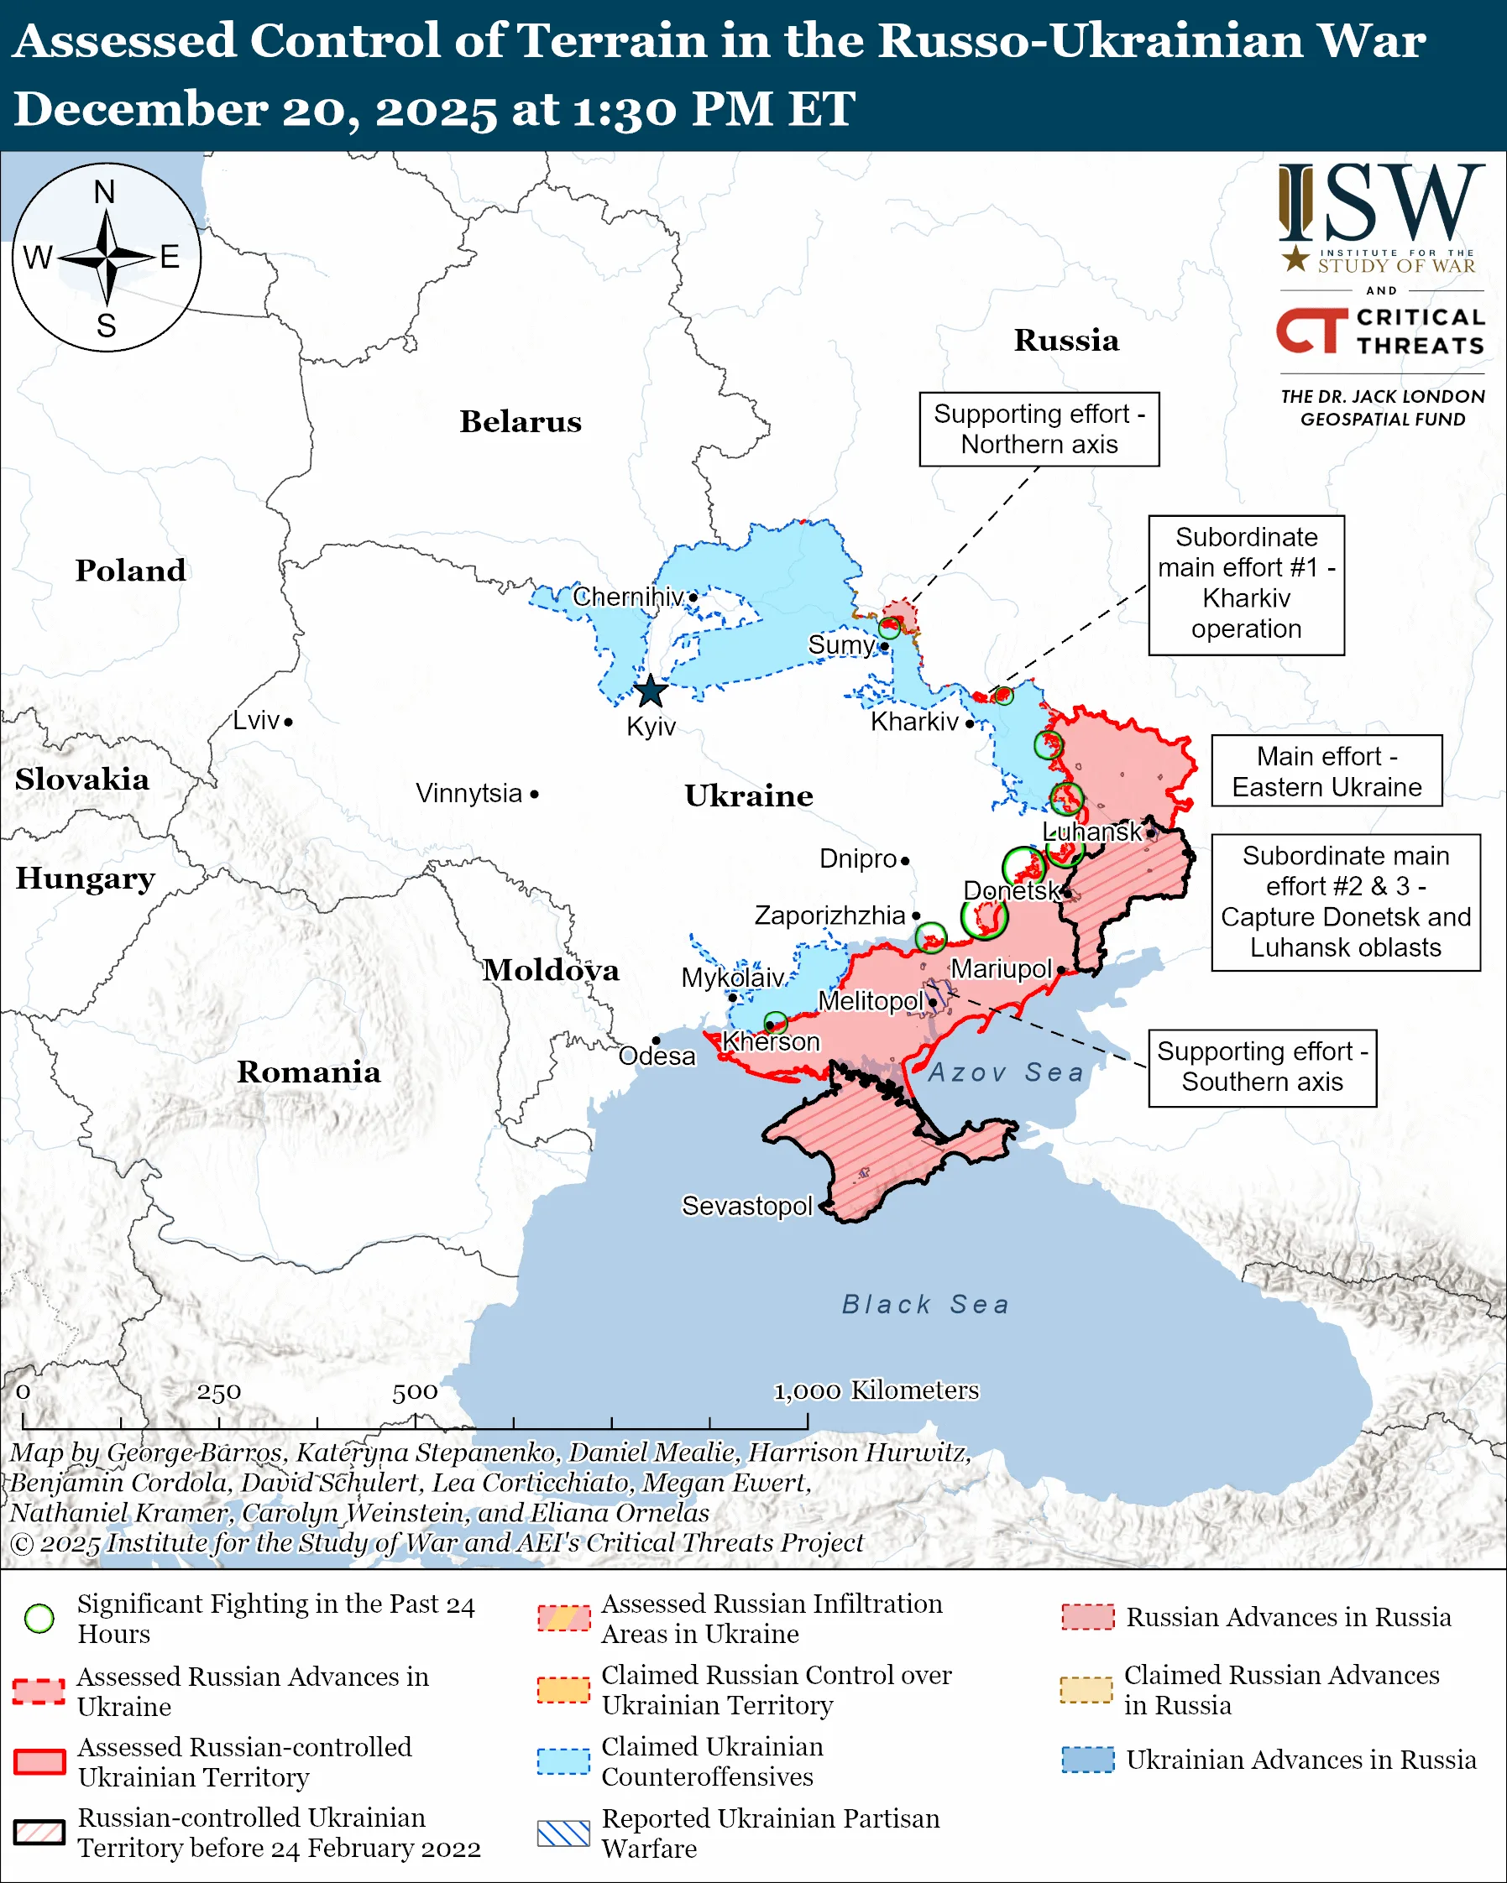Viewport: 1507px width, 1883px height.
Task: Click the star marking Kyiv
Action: pyautogui.click(x=650, y=691)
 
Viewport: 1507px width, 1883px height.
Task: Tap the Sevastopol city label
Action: pyautogui.click(x=746, y=1206)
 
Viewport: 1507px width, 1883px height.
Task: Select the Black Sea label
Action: pyautogui.click(x=925, y=1304)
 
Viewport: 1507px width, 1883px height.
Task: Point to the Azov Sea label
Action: pyautogui.click(x=1006, y=1072)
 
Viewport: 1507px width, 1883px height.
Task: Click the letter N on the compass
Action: pyautogui.click(x=105, y=192)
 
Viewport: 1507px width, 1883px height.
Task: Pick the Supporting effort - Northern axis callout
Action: pyautogui.click(x=1039, y=429)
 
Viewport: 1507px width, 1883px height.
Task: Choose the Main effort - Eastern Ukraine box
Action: pyautogui.click(x=1326, y=771)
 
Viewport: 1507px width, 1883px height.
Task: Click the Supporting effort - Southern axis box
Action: pyautogui.click(x=1262, y=1067)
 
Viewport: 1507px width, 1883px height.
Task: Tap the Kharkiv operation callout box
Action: pyautogui.click(x=1246, y=583)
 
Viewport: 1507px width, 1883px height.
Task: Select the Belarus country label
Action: pyautogui.click(x=520, y=422)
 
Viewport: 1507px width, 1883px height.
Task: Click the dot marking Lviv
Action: pyautogui.click(x=288, y=722)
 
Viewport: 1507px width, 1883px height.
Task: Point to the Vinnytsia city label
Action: pyautogui.click(x=468, y=793)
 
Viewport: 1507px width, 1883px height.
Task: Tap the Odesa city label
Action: pyautogui.click(x=657, y=1056)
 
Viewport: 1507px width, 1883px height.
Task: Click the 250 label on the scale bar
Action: pyautogui.click(x=218, y=1392)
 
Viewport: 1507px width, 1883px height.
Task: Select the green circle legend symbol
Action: pyautogui.click(x=39, y=1619)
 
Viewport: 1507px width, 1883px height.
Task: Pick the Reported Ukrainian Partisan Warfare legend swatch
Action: pyautogui.click(x=563, y=1833)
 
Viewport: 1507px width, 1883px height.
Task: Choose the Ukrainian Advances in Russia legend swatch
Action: pyautogui.click(x=1088, y=1760)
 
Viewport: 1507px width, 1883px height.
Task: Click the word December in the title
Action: pyautogui.click(x=139, y=109)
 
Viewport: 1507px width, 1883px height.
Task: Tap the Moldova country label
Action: pyautogui.click(x=552, y=969)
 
